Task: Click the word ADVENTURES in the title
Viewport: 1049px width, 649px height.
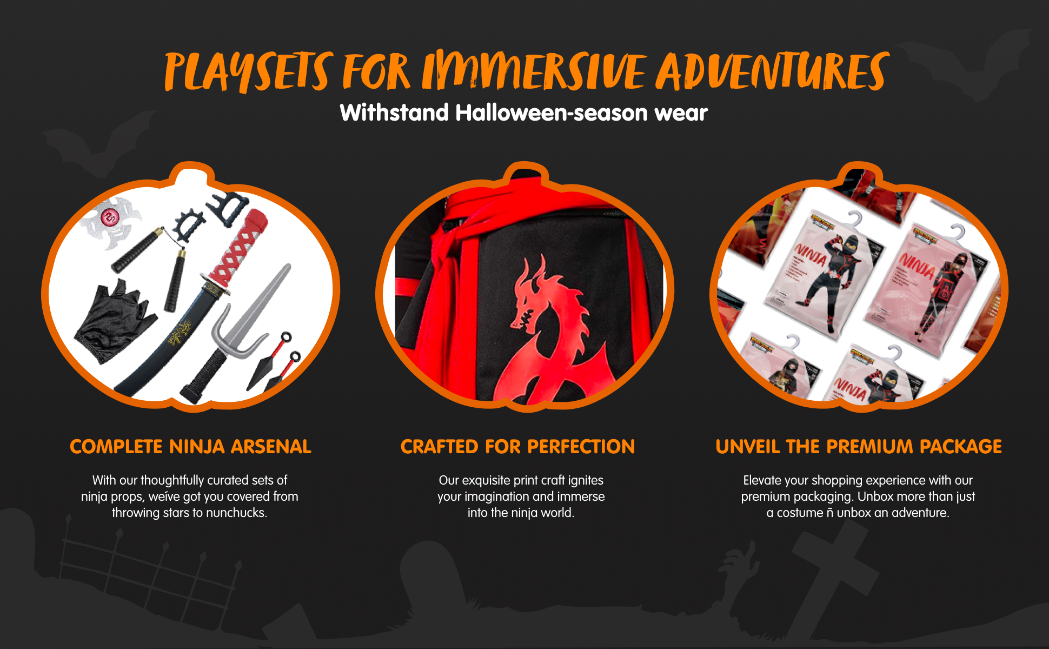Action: pyautogui.click(x=772, y=71)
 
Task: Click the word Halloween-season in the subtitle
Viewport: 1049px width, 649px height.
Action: pyautogui.click(x=552, y=113)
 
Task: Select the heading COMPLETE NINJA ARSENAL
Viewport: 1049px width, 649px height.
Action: pyautogui.click(x=190, y=447)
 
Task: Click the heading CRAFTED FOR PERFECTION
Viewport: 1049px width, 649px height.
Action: pyautogui.click(x=517, y=447)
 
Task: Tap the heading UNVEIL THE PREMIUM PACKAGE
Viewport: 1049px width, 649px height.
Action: pyautogui.click(x=859, y=447)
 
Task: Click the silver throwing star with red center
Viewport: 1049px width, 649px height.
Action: pyautogui.click(x=112, y=221)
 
